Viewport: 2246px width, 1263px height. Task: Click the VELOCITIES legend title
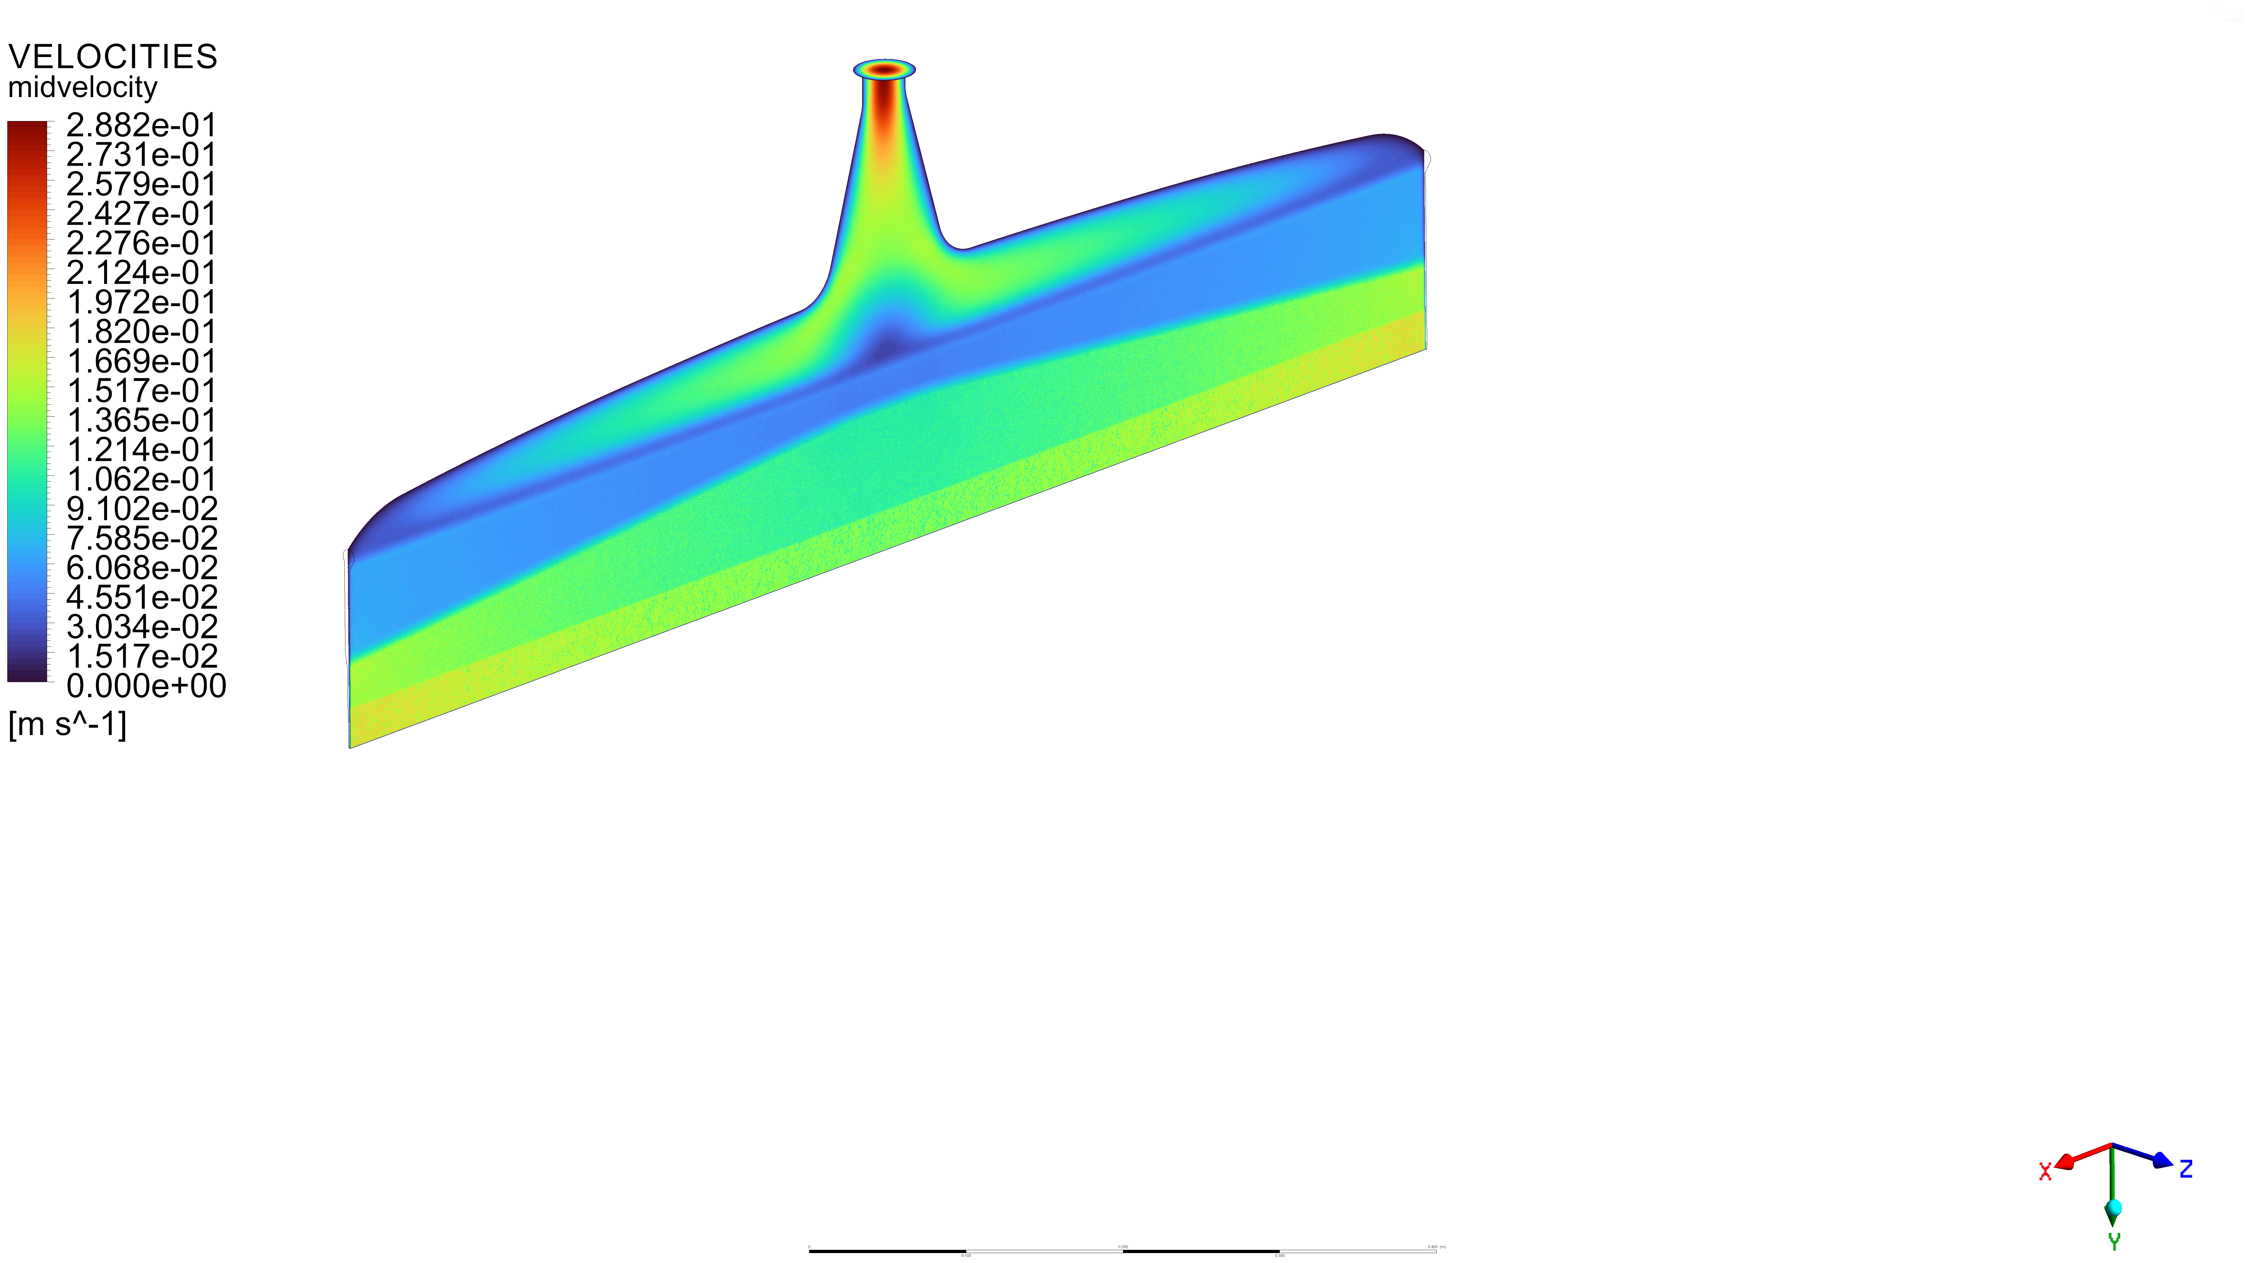[113, 57]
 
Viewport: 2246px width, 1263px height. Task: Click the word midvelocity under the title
[83, 87]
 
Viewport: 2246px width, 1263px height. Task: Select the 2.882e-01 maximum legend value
[141, 125]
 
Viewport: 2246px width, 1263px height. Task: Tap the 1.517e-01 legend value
[141, 391]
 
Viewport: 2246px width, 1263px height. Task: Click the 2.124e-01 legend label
[141, 273]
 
